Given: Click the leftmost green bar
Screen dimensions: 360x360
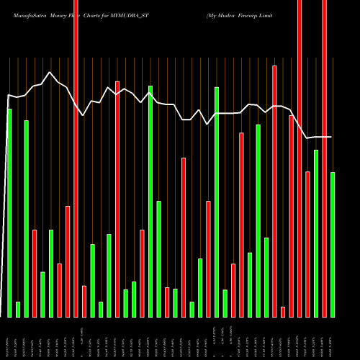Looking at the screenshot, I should pos(9,212).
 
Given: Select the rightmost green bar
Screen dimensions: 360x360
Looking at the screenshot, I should pos(333,244).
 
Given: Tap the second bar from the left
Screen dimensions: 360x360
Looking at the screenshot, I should pos(18,309).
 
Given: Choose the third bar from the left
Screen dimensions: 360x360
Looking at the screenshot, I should pos(26,218).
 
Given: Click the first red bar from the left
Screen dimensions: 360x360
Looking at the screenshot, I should pos(35,273).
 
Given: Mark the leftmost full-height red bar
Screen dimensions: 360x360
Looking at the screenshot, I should pos(76,158).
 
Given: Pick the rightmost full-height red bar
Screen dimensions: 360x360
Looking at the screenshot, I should pos(324,158).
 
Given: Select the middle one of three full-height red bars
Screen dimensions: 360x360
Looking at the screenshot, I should pos(300,158).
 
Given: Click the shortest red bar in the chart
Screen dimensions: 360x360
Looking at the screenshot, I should pos(283,311).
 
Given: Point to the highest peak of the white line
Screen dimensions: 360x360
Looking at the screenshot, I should pos(49,72).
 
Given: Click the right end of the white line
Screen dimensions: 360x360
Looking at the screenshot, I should pos(332,137).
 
